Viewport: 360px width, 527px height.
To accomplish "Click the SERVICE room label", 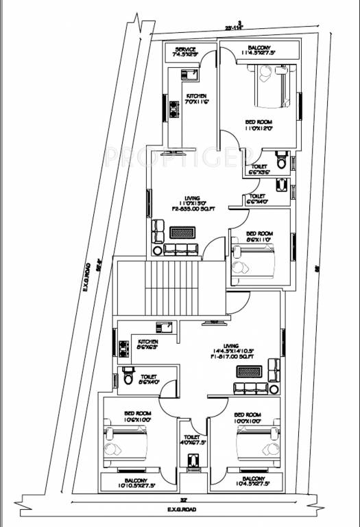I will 186,49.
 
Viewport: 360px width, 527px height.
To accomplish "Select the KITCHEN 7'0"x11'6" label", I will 196,98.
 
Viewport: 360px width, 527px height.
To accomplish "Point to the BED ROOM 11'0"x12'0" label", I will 259,124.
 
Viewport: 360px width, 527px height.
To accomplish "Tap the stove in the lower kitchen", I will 124,349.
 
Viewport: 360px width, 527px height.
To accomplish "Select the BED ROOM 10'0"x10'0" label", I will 247,417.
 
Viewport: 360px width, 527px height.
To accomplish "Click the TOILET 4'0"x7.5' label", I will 191,439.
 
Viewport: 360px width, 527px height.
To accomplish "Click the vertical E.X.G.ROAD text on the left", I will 88,279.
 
